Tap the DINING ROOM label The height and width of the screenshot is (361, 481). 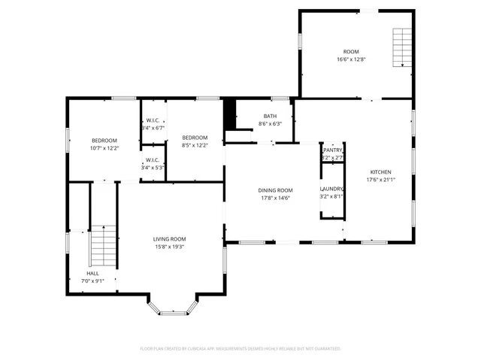[276, 190]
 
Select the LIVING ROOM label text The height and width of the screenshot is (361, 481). [169, 238]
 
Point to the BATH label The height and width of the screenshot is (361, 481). [269, 116]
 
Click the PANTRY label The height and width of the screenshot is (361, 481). [333, 150]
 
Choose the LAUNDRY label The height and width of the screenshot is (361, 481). [332, 189]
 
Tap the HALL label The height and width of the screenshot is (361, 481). [92, 273]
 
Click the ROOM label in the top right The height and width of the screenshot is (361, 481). [349, 51]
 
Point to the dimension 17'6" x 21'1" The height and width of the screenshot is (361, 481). [380, 179]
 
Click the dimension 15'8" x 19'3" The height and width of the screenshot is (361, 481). [169, 246]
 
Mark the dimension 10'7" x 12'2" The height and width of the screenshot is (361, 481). [104, 148]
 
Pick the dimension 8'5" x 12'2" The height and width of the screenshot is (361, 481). [195, 144]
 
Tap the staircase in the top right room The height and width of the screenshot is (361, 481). [404, 47]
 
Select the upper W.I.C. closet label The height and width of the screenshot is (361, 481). [153, 120]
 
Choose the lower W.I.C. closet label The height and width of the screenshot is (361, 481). [153, 159]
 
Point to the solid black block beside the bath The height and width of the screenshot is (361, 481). [231, 114]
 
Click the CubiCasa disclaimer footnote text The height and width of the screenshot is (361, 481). [240, 349]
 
